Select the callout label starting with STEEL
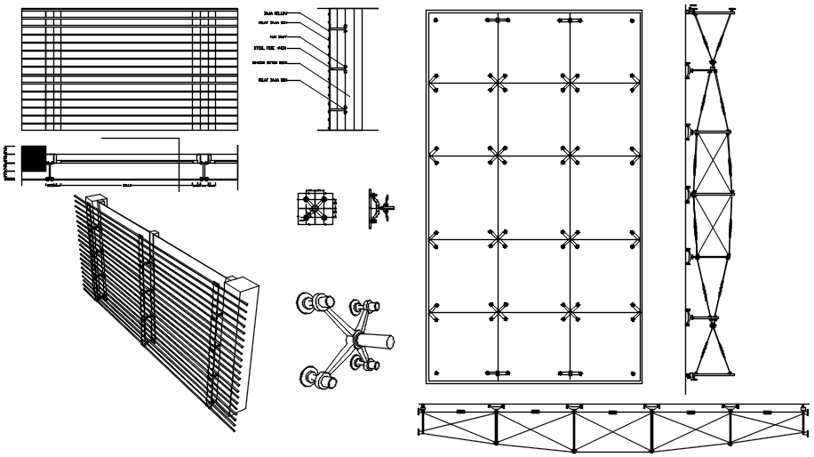click(272, 48)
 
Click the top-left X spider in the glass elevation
click(497, 83)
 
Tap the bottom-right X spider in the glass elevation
click(570, 311)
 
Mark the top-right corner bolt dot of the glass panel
click(632, 21)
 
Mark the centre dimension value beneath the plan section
click(127, 186)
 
